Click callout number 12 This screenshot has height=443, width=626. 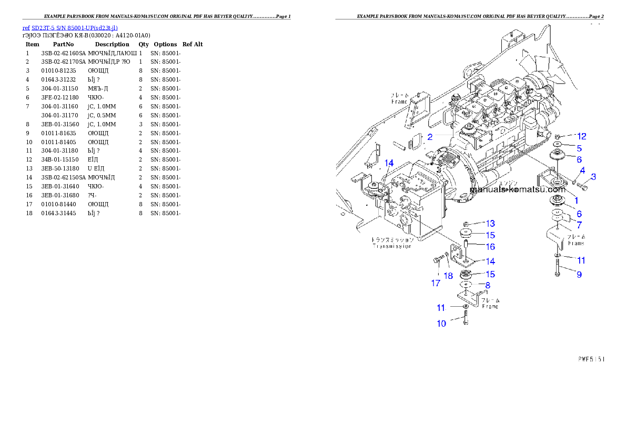point(581,136)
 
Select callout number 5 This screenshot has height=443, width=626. point(579,148)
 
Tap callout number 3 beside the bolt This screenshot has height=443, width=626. point(593,176)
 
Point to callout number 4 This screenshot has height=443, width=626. point(583,170)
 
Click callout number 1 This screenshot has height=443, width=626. point(576,200)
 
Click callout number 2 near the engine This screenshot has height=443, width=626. point(430,137)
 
